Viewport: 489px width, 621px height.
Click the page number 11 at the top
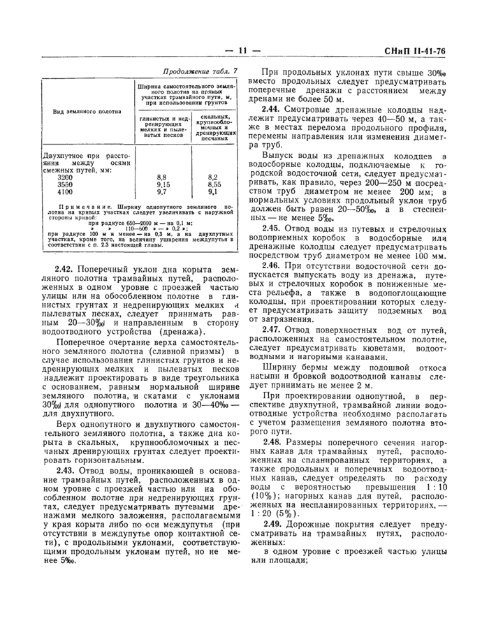243,50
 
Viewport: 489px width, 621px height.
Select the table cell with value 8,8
162,177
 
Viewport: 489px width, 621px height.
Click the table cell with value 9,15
163,184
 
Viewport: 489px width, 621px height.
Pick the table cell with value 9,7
162,191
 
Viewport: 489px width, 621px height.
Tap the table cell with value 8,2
213,177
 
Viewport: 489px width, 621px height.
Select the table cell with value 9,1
213,191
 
